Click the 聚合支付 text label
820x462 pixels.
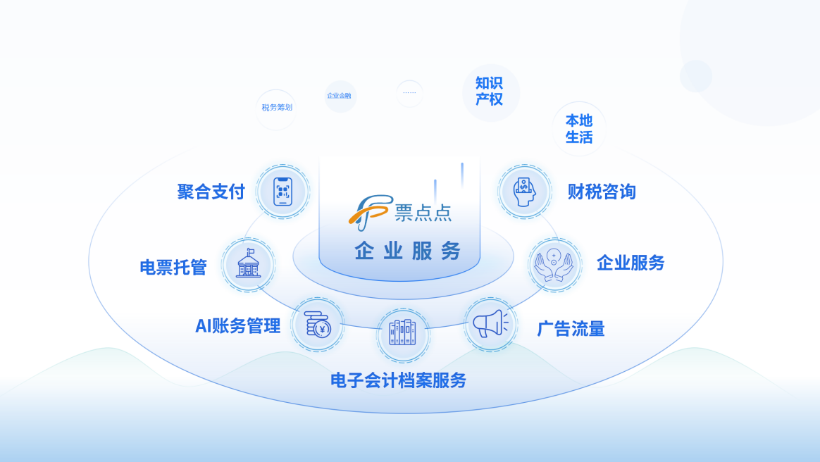(x=211, y=192)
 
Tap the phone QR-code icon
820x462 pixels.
(x=283, y=192)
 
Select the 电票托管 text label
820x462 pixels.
(x=173, y=267)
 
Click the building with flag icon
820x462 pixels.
(x=249, y=263)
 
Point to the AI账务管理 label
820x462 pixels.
(x=238, y=325)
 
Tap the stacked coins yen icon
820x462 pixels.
(x=318, y=324)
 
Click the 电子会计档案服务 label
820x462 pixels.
(x=399, y=380)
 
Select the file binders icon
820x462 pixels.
(x=403, y=332)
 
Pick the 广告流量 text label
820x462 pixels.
(x=571, y=329)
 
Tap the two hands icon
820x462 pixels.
(x=554, y=264)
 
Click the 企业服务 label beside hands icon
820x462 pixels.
(x=630, y=263)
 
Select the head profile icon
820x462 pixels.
(x=525, y=192)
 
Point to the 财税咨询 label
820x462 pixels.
(x=602, y=192)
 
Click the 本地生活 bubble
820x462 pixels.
(x=579, y=129)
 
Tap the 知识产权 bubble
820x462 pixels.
(x=490, y=92)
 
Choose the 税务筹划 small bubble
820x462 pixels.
(x=276, y=108)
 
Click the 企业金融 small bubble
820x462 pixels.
(x=340, y=96)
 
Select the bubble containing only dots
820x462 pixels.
(x=409, y=93)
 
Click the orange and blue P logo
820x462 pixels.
(x=370, y=212)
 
